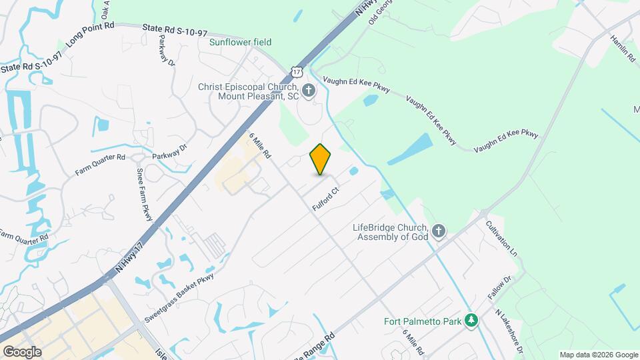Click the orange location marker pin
coord(321,159)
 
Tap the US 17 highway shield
coord(297,71)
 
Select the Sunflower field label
coord(241,42)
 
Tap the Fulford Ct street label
coord(327,199)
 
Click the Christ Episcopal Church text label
coord(249,91)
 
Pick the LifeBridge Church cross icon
coord(438,231)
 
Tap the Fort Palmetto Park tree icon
coord(471,321)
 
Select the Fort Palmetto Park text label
coord(423,322)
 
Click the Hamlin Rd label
coord(623,48)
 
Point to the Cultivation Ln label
coord(501,239)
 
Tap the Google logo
coord(21,352)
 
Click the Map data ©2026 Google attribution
coord(599,355)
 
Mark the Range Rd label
coord(317,339)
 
